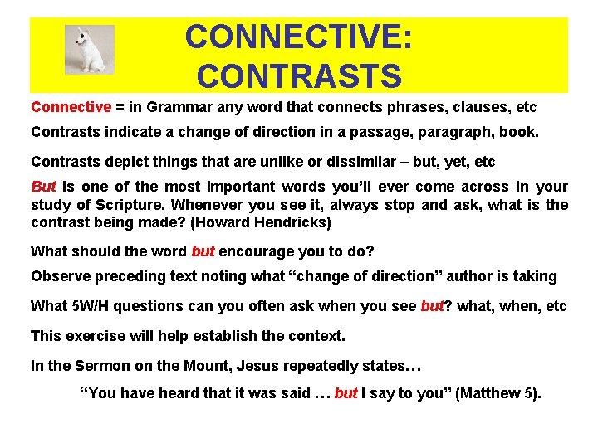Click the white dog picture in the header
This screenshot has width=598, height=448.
pyautogui.click(x=89, y=49)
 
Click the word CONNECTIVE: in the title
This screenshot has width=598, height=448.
pyautogui.click(x=299, y=37)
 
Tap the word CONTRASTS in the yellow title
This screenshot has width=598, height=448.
pyautogui.click(x=299, y=76)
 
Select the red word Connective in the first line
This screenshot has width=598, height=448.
pyautogui.click(x=71, y=107)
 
